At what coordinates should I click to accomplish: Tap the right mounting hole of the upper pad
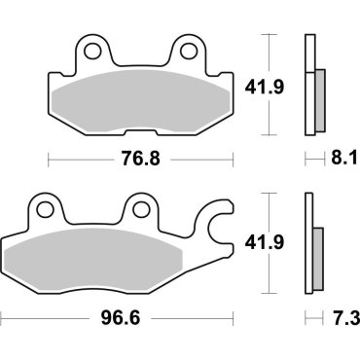[185, 48]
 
